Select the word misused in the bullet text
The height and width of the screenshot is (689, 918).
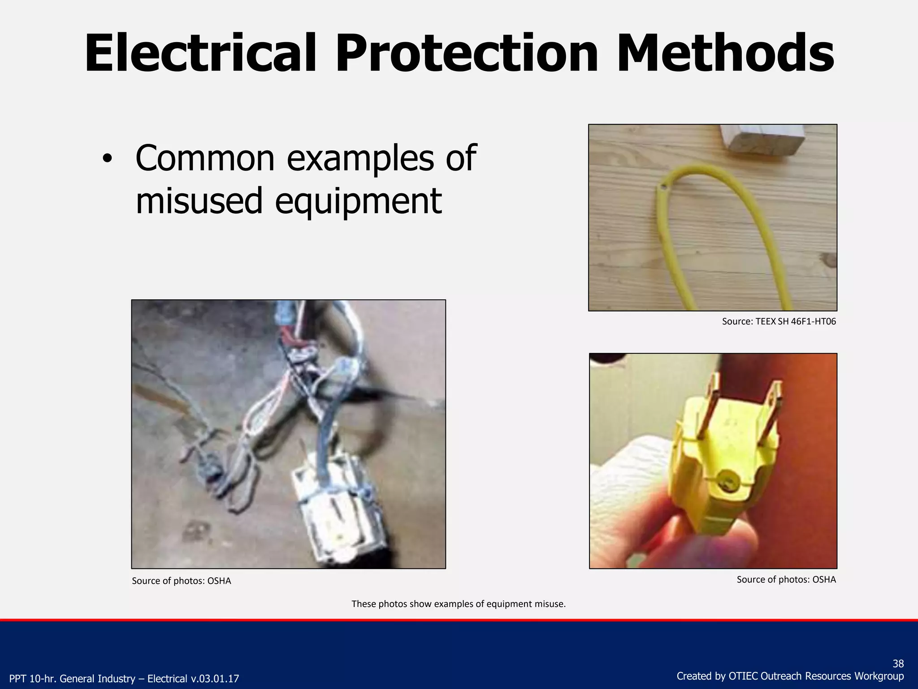click(x=199, y=201)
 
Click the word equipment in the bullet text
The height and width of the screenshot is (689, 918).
click(x=358, y=201)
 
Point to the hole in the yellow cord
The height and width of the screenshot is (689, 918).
click(x=662, y=186)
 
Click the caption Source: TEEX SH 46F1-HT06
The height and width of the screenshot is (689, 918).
click(x=779, y=321)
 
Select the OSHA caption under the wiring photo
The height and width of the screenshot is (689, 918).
click(x=181, y=581)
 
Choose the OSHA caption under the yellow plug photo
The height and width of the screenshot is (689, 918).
click(x=786, y=580)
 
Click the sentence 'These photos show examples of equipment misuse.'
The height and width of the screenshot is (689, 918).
click(x=459, y=604)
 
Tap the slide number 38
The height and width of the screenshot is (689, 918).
click(x=898, y=663)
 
